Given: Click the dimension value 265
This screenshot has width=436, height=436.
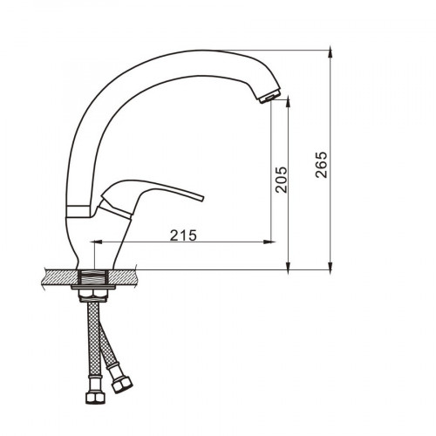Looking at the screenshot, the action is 322,165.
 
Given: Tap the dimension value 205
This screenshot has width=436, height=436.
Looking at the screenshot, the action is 282,180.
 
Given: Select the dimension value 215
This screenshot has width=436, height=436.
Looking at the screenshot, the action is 183,235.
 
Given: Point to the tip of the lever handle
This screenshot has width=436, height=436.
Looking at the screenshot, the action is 202,199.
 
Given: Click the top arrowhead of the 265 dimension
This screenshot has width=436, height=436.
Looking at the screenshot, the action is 330,51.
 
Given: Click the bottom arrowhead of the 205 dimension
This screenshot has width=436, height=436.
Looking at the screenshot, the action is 288,268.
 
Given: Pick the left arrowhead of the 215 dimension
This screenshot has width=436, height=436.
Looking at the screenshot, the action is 97,242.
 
